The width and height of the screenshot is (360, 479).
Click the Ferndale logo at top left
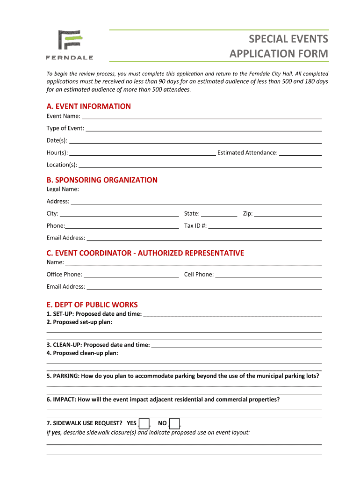[69, 45]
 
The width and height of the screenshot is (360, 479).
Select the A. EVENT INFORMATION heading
[88, 106]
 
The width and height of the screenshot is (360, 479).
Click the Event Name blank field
[202, 116]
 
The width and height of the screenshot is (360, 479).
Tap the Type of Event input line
[204, 128]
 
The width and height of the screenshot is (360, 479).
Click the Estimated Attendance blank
[301, 152]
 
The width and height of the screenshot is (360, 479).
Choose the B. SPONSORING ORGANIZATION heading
[102, 180]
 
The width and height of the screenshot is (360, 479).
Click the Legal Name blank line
[201, 189]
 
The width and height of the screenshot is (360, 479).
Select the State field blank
[219, 214]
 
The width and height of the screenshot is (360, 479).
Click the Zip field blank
[288, 214]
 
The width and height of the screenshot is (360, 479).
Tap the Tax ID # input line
[265, 226]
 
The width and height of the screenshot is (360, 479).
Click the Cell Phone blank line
[268, 275]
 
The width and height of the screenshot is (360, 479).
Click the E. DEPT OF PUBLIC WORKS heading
[92, 305]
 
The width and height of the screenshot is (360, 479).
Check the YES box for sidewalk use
[144, 424]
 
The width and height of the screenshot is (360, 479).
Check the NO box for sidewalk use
[175, 424]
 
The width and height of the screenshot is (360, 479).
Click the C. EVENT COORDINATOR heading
[145, 253]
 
